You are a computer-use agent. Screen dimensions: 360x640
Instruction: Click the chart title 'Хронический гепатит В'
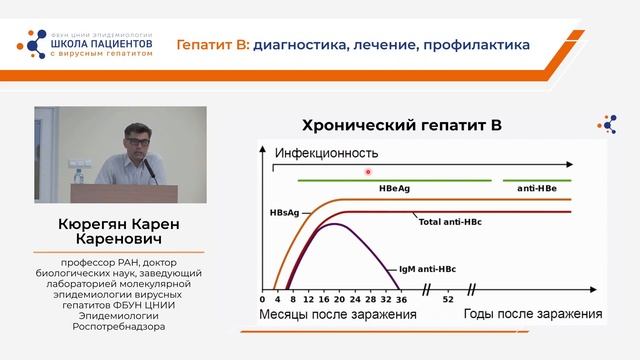[x=400, y=125]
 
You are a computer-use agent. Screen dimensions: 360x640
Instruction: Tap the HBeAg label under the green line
[x=394, y=188]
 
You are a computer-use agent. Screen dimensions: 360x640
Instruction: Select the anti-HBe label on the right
[x=537, y=188]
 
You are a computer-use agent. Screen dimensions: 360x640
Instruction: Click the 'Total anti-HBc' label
[x=448, y=220]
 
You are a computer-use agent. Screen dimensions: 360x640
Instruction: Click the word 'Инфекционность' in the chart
[x=326, y=153]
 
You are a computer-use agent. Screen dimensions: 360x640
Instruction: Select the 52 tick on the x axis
[x=448, y=299]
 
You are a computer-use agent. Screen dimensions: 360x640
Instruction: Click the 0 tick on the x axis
[x=262, y=299]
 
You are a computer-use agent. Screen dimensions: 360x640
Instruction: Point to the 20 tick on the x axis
[x=340, y=299]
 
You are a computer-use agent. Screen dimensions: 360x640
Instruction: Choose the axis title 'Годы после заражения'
[x=533, y=315]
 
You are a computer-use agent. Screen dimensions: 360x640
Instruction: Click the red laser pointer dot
[x=369, y=171]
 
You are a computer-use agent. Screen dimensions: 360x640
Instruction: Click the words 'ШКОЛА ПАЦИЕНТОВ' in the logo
[x=102, y=44]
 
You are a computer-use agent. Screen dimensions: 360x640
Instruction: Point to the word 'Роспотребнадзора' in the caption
[x=119, y=325]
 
